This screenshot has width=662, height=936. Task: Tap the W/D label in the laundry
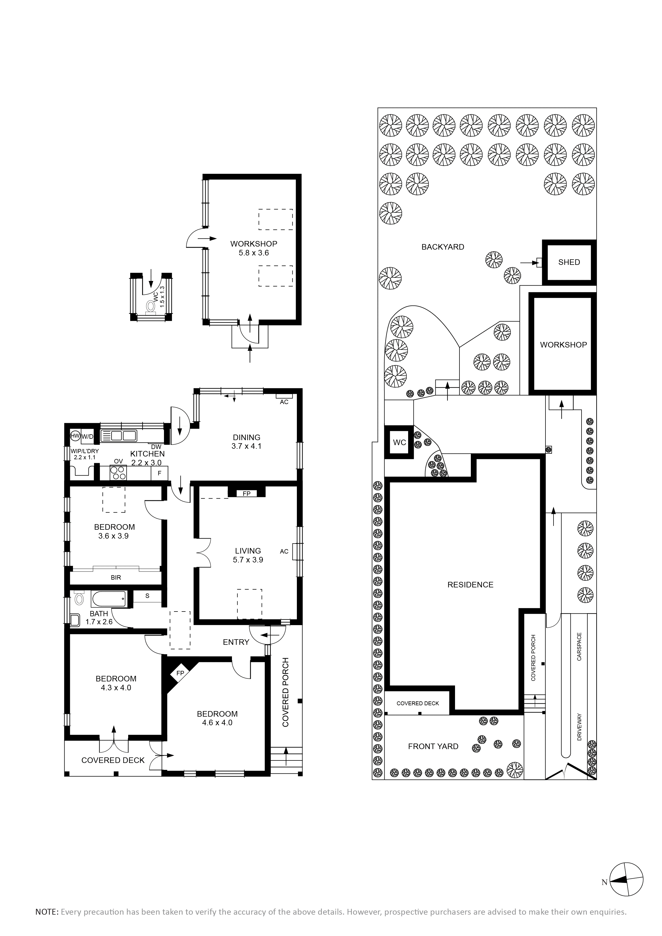(x=88, y=437)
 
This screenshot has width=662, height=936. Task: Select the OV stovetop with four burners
(x=118, y=473)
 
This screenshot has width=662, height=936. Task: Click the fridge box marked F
(x=160, y=473)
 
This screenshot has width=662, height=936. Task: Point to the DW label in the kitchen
(x=156, y=447)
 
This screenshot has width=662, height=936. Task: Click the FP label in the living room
(x=246, y=494)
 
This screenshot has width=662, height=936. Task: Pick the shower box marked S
(x=147, y=596)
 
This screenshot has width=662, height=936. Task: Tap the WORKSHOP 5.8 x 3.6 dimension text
(x=254, y=253)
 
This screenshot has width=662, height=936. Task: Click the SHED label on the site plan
(x=569, y=262)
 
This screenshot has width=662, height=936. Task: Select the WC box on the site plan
(x=399, y=442)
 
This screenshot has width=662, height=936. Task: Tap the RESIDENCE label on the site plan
(x=470, y=585)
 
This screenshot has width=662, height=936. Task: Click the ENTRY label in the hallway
(x=236, y=642)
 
